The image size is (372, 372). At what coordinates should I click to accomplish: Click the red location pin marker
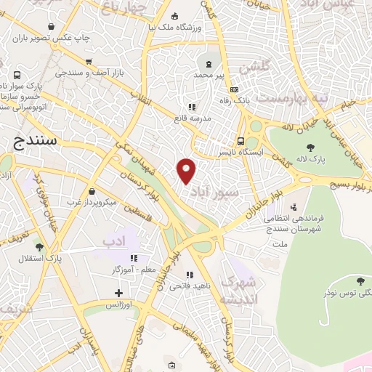pyautogui.click(x=187, y=171)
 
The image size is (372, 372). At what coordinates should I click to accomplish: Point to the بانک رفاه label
pyautogui.click(x=237, y=100)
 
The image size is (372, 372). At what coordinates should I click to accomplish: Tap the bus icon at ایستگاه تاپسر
pyautogui.click(x=240, y=142)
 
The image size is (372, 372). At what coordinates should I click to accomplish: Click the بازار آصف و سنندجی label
pyautogui.click(x=91, y=73)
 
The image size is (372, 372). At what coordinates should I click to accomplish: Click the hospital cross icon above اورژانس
pyautogui.click(x=119, y=293)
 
